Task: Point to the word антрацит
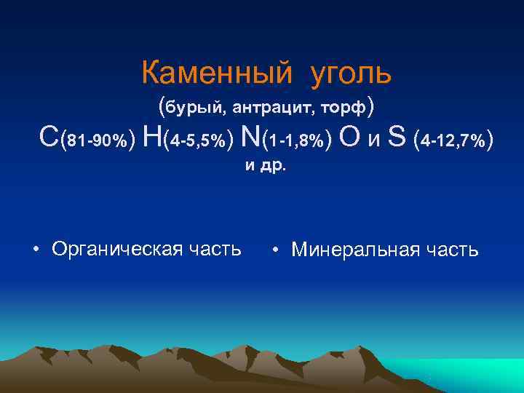tap(273, 108)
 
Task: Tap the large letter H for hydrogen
tap(153, 137)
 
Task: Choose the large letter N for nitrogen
tap(250, 137)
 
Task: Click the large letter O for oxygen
tap(349, 137)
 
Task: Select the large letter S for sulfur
tap(397, 137)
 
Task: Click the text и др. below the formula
tap(266, 165)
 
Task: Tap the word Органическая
tap(116, 250)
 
